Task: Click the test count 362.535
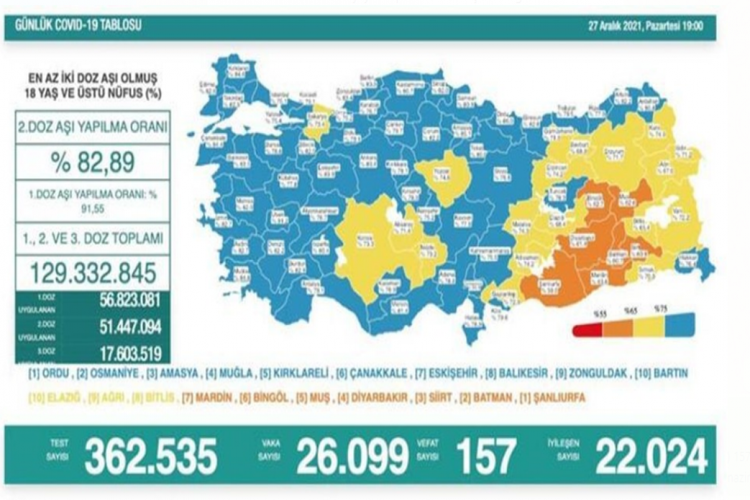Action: (151, 456)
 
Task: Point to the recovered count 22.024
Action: (651, 456)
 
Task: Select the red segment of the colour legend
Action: (587, 330)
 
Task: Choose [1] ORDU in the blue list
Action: (47, 374)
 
